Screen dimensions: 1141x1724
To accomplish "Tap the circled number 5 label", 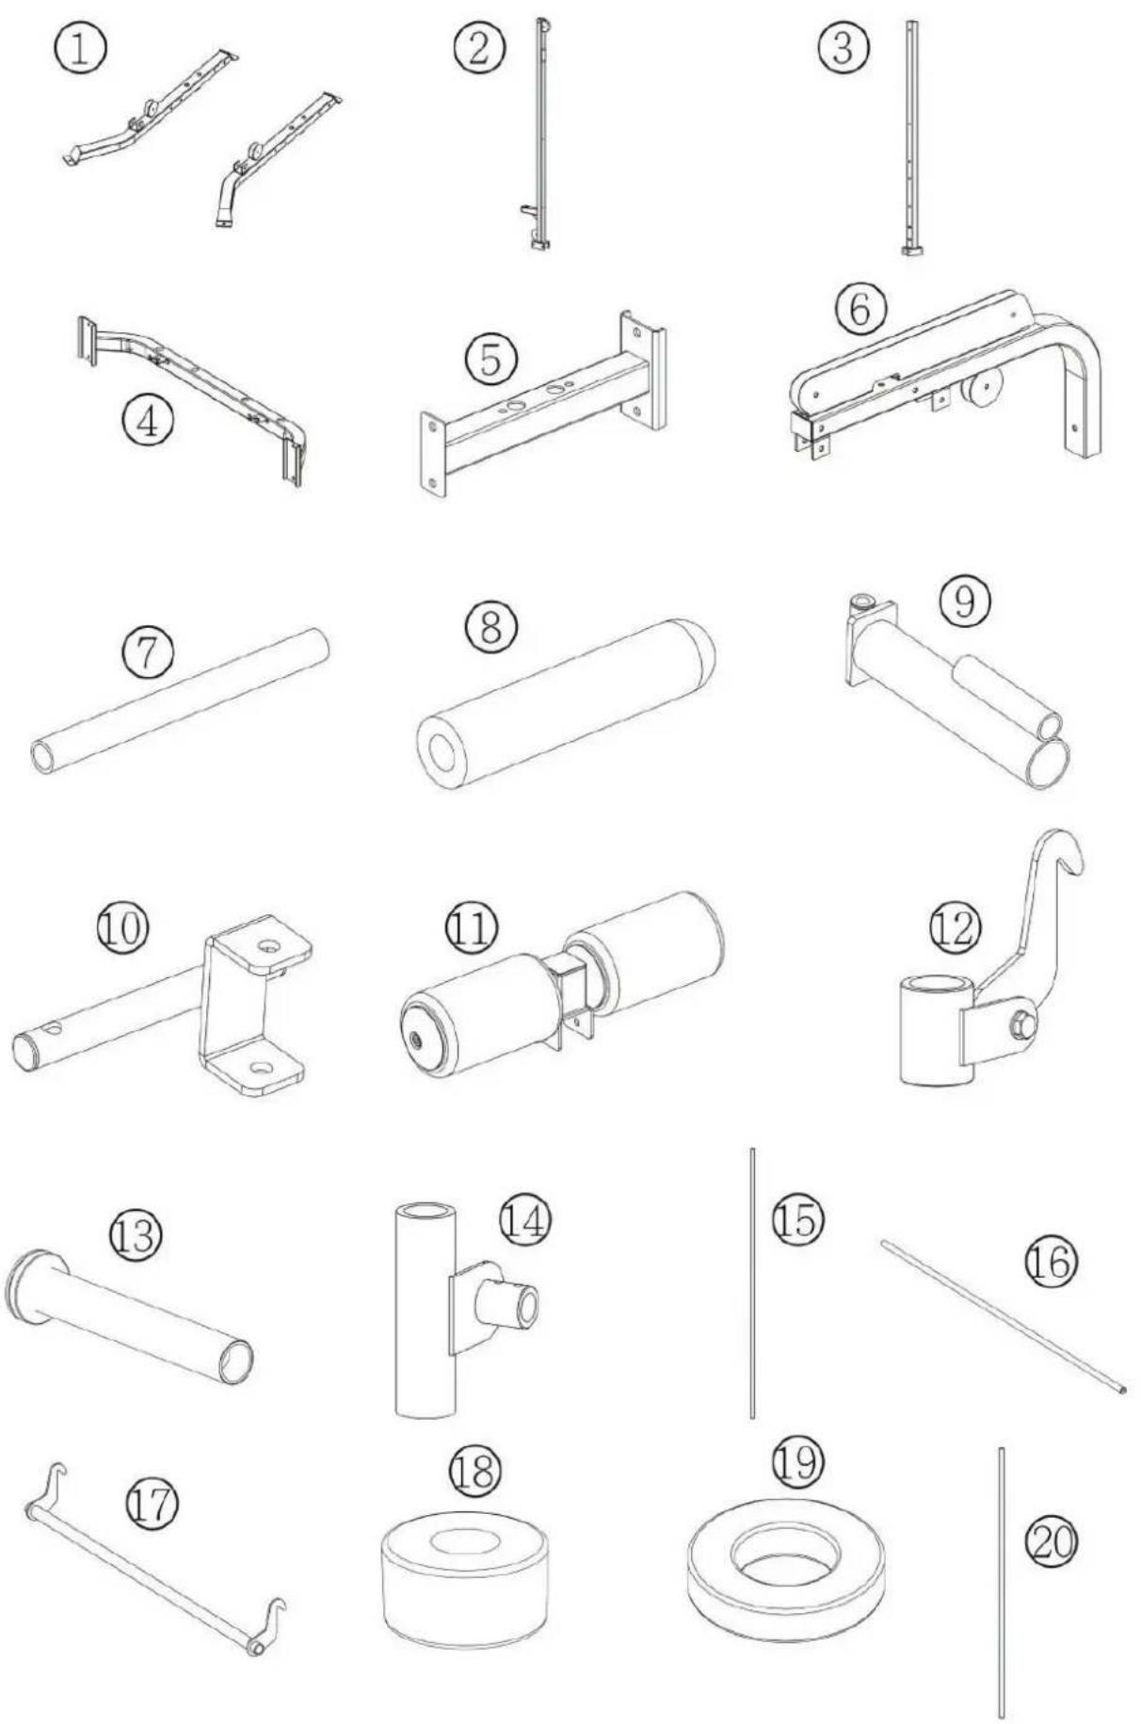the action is click(490, 360).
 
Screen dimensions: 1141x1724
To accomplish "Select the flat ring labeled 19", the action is click(786, 1563).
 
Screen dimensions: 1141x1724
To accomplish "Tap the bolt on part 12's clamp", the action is click(1020, 1021).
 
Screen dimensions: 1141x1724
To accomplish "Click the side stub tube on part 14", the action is click(508, 1303).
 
